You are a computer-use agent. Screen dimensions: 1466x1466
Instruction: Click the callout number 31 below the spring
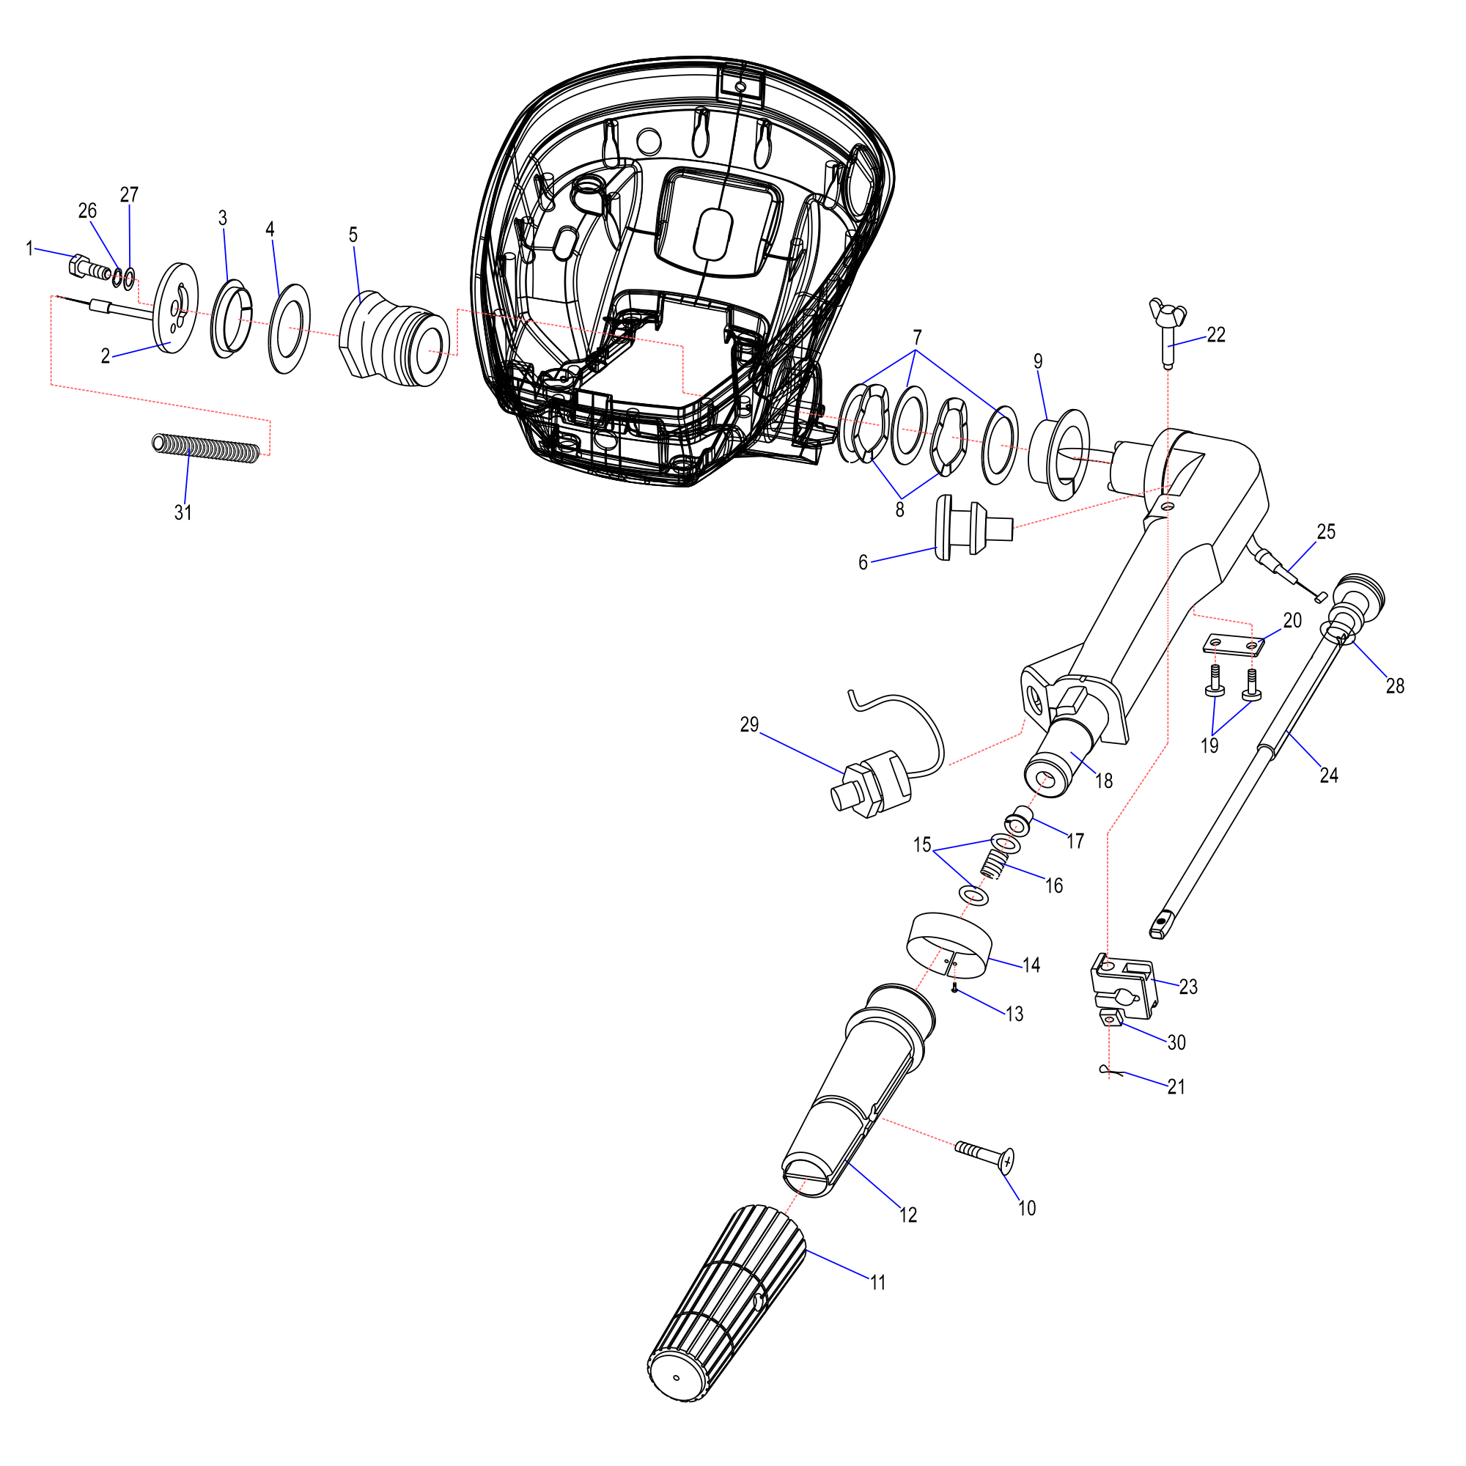(x=183, y=513)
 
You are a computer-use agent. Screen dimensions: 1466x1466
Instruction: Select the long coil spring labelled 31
(x=207, y=447)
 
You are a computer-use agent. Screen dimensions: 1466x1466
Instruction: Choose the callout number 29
(x=749, y=725)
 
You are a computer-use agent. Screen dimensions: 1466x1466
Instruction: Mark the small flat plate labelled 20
(x=1233, y=645)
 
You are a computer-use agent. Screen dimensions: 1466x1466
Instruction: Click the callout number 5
(x=353, y=235)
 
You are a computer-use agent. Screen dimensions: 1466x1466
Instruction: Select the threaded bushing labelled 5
(x=394, y=339)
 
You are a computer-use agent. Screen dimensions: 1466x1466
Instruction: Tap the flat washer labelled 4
(x=290, y=329)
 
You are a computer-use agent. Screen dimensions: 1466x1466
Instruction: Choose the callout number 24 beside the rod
(x=1329, y=776)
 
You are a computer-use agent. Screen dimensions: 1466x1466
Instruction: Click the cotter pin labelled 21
(x=1109, y=1071)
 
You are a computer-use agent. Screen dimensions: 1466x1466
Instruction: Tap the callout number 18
(x=1104, y=781)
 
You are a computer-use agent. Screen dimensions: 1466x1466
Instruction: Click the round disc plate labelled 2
(x=176, y=308)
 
